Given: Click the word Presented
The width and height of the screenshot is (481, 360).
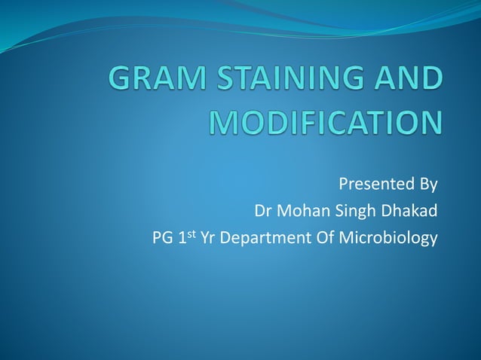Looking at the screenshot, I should coord(370,184).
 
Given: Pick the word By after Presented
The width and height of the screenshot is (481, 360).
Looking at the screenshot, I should coord(423,185).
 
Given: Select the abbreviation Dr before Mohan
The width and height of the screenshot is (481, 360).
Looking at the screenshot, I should coord(264,211).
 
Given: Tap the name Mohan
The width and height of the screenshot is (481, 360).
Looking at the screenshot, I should coord(302,211).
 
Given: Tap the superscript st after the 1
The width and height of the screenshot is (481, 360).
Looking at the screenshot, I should coord(191,234).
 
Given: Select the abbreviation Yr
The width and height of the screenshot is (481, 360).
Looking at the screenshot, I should coord(207,239).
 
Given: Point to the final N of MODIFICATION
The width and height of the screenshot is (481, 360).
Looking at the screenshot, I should coord(427,124).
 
